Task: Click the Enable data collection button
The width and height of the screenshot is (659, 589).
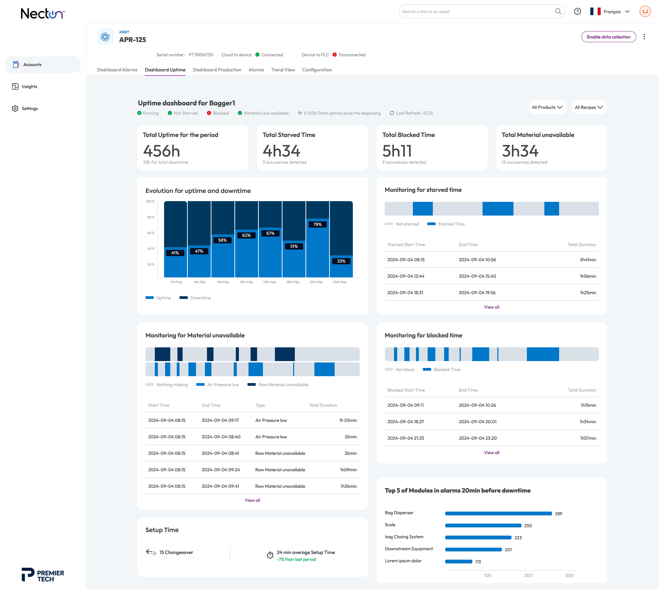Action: [609, 37]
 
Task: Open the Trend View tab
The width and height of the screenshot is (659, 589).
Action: [283, 70]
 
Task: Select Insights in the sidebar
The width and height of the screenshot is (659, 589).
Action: [29, 86]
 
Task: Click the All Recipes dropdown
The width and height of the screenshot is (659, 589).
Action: [589, 107]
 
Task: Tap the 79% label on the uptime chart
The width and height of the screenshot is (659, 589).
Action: [317, 224]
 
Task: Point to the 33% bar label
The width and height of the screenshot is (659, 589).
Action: [341, 261]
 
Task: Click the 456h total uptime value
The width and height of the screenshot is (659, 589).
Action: [162, 151]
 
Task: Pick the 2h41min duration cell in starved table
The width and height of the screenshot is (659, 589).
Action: [588, 260]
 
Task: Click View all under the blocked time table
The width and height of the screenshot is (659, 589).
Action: [492, 453]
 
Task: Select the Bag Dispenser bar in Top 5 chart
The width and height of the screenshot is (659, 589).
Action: [498, 513]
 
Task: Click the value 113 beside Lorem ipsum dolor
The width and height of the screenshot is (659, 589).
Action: [478, 562]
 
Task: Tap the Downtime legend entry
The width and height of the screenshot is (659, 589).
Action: [195, 298]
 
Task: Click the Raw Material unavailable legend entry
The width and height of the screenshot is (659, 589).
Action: [278, 385]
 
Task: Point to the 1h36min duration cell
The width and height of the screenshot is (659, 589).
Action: [349, 486]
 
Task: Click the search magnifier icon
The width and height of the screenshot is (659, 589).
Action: [558, 11]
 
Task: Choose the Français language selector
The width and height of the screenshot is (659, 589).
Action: [610, 12]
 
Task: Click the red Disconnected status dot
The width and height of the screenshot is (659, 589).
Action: [335, 55]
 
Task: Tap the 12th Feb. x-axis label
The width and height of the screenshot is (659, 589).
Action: [246, 282]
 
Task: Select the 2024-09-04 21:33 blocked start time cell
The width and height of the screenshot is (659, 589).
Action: [406, 438]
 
